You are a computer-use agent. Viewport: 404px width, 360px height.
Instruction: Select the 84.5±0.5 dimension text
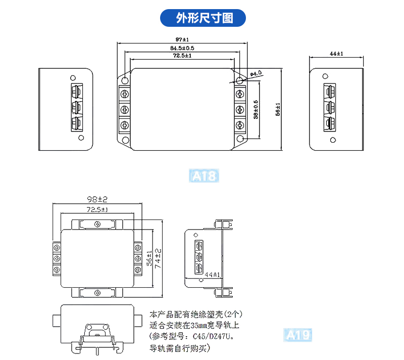point(182,48)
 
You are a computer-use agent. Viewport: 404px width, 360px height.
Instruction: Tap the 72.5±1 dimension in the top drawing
point(182,56)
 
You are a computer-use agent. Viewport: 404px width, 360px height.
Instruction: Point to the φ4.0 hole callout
point(256,74)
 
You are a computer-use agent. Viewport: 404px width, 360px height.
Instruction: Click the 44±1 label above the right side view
point(336,54)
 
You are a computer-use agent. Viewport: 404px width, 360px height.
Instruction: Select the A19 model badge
point(298,335)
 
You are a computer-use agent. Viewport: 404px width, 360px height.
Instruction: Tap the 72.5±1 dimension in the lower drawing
point(97,209)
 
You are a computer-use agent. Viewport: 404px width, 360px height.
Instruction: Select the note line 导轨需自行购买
point(180,348)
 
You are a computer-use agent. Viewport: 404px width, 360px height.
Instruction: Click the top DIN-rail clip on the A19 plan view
point(97,224)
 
